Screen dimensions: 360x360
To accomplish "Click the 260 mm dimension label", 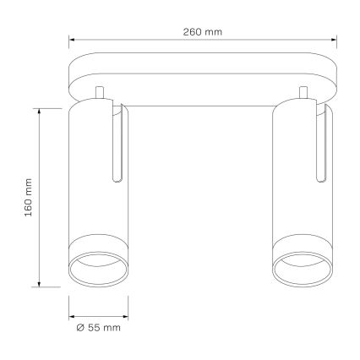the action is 203,32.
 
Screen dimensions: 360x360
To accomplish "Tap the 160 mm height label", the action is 29,197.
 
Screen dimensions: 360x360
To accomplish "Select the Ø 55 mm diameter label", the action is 98,328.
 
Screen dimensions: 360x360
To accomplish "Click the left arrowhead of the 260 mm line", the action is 72,40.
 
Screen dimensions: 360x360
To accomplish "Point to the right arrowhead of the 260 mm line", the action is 334,40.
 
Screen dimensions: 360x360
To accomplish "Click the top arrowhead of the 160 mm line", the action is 40,111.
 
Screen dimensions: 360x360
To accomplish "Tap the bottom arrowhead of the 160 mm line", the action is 40,284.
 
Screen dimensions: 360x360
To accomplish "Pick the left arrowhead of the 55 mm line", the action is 72,316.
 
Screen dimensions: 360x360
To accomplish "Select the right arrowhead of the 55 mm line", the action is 125,316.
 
